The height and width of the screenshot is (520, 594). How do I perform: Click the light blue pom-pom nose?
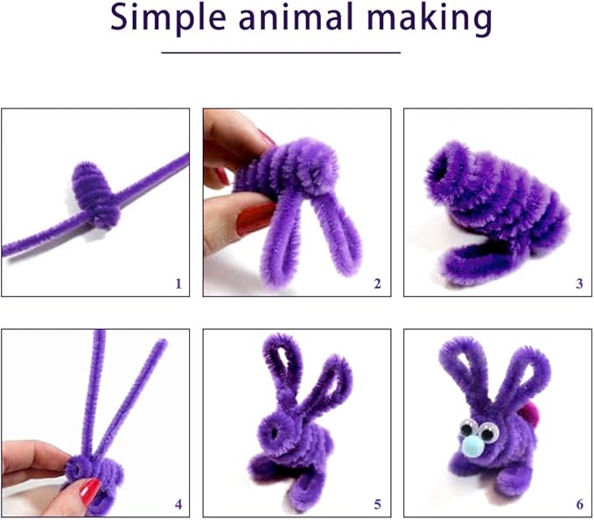click(473, 452)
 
